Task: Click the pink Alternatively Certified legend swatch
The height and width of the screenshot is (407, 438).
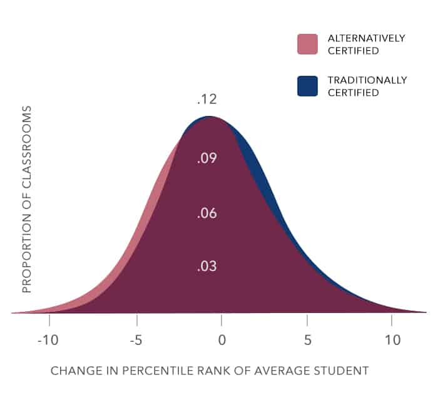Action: coord(308,44)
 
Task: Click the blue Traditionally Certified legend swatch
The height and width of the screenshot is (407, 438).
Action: coord(308,86)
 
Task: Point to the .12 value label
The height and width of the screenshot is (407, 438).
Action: coord(206,100)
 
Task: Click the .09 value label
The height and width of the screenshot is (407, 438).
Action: coord(206,158)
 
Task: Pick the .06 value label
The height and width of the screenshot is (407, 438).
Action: coord(206,214)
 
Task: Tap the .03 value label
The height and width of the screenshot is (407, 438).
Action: coord(206,267)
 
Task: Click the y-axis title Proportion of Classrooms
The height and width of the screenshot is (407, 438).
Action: coord(26,199)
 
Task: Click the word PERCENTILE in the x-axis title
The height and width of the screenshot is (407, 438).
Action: coord(158,371)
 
